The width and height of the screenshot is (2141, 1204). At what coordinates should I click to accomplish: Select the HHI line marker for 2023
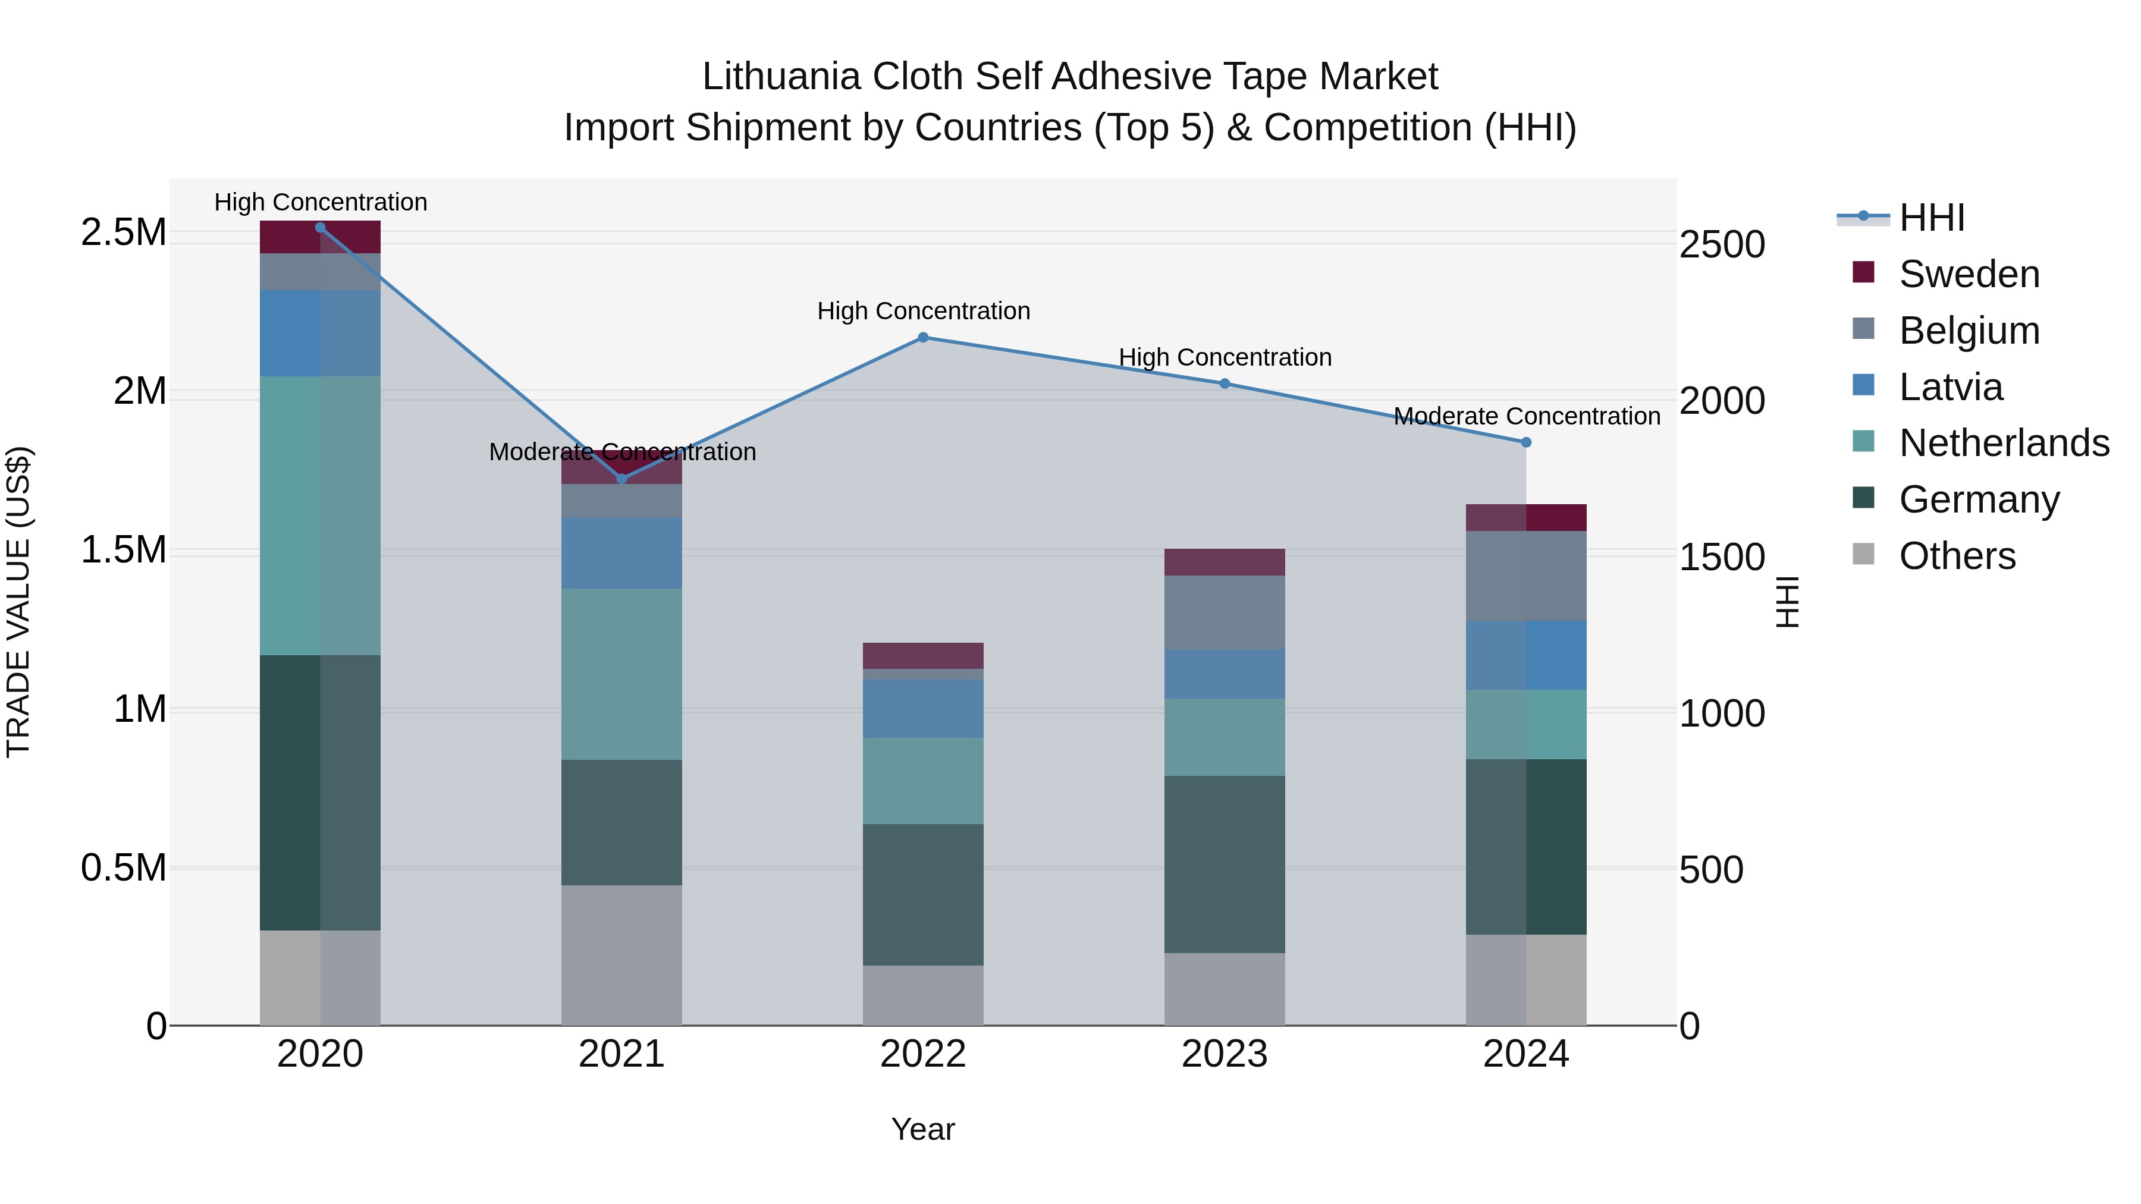(1225, 384)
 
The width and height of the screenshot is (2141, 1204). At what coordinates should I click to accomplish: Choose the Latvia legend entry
(1951, 387)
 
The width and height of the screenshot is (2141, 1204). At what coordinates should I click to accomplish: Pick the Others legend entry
(1957, 556)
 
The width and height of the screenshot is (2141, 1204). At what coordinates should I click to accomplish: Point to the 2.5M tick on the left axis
(124, 232)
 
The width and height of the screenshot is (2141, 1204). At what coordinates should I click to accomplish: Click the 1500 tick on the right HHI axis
(1722, 558)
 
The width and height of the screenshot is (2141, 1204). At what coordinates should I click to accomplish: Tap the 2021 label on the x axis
(621, 1054)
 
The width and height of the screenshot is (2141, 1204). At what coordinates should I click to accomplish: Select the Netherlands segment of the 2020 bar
(320, 515)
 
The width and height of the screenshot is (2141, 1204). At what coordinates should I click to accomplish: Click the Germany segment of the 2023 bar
(1225, 864)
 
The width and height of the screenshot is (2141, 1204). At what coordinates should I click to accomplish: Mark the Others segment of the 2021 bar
(621, 955)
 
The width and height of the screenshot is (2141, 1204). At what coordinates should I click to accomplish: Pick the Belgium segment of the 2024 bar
(1526, 576)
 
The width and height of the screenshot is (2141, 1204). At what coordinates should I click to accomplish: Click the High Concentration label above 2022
(924, 312)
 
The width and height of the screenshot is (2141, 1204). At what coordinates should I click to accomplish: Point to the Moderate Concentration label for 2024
(1527, 416)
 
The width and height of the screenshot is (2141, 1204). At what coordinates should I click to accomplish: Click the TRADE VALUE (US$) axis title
(18, 602)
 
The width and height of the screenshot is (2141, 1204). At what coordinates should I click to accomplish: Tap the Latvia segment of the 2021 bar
(621, 554)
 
